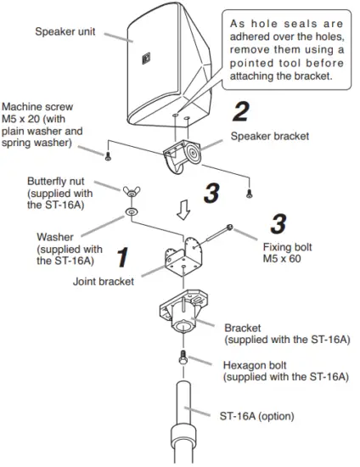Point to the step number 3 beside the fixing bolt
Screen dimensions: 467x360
click(277, 222)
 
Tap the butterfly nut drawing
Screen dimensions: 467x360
click(134, 191)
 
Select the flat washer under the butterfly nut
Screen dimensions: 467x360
click(133, 209)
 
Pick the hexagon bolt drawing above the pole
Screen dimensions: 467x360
click(181, 357)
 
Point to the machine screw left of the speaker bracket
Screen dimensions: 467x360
click(108, 155)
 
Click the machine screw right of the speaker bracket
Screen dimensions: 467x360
click(250, 193)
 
